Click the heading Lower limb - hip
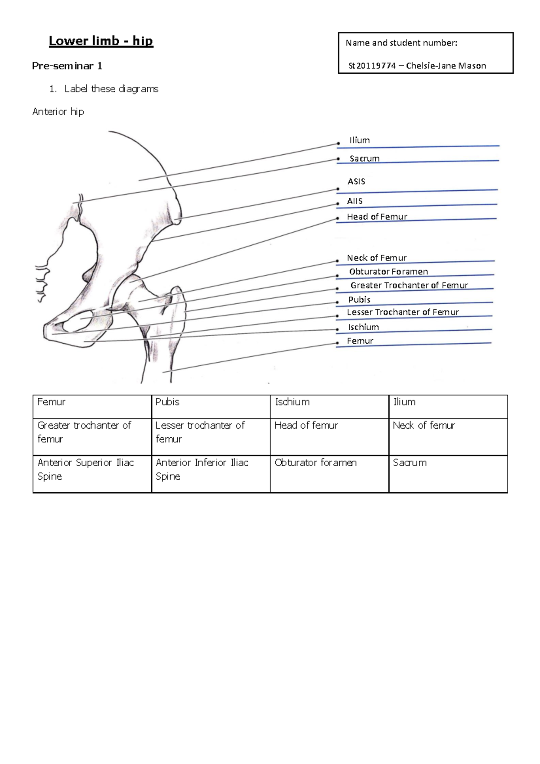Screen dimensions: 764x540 [x=101, y=41]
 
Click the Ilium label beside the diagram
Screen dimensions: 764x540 [x=360, y=140]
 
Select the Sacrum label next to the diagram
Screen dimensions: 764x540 [x=364, y=158]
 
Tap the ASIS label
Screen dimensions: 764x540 [x=356, y=181]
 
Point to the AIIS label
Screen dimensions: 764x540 [x=355, y=201]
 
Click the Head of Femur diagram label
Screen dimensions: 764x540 [x=377, y=216]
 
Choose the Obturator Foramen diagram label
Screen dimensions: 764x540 [x=388, y=271]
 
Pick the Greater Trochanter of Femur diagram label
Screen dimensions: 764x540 [x=409, y=285]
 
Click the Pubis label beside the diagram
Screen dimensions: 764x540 [x=359, y=299]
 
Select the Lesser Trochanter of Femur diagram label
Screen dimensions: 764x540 [x=403, y=312]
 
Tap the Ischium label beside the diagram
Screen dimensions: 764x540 [x=363, y=327]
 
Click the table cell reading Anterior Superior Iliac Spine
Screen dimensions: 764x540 [x=85, y=469]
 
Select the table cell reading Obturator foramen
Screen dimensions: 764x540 [x=315, y=463]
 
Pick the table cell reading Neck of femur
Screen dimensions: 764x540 [x=423, y=425]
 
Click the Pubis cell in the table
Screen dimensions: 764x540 [x=167, y=402]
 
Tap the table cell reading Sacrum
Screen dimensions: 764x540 [x=409, y=463]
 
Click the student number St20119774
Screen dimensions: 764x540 [x=372, y=66]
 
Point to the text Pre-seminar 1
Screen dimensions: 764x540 [x=67, y=66]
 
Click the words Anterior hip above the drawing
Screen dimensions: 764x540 [x=58, y=112]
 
